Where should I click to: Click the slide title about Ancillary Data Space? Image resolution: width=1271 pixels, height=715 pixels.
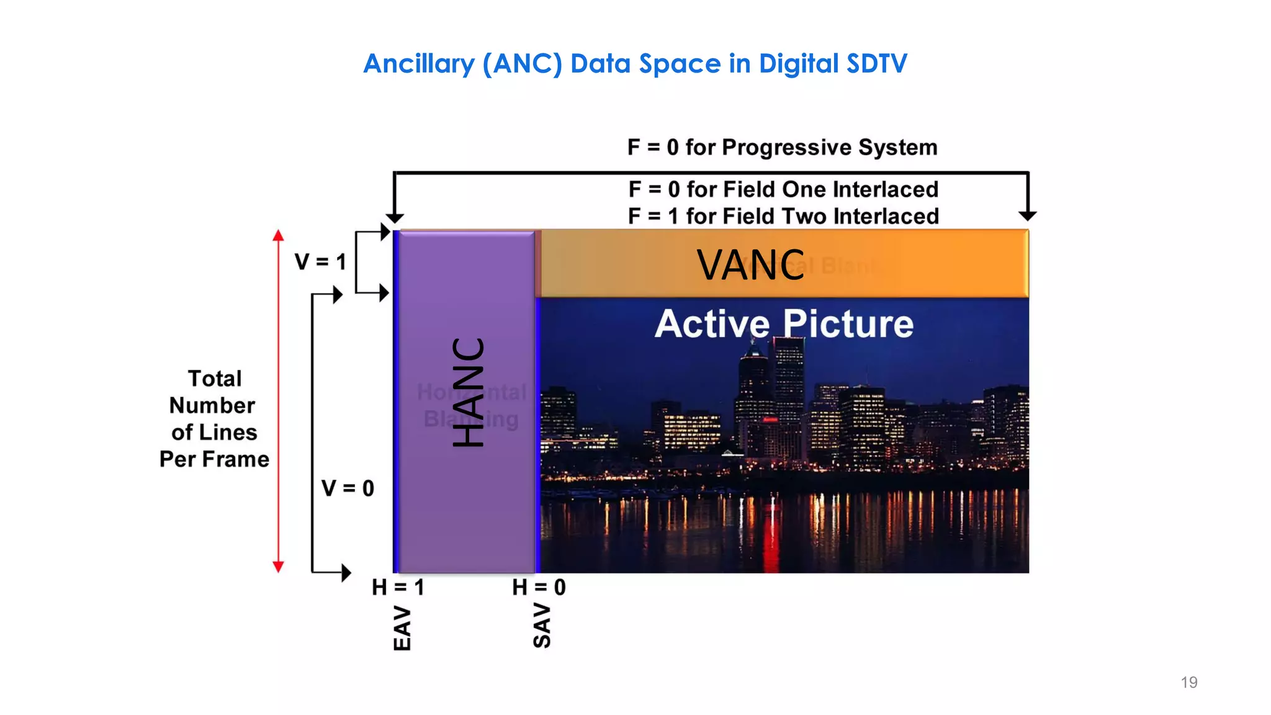[x=635, y=64]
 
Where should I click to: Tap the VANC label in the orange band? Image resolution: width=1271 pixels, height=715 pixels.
[x=750, y=265]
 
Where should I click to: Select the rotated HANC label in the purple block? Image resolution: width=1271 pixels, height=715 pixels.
[x=468, y=392]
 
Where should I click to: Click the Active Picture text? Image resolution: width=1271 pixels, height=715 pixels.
[x=784, y=324]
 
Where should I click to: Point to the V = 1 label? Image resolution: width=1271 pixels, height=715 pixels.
[x=320, y=262]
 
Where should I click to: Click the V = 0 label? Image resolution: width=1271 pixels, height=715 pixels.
[x=348, y=488]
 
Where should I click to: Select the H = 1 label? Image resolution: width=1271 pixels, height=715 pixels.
[x=398, y=587]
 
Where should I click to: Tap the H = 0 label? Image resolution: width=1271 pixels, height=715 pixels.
[x=539, y=587]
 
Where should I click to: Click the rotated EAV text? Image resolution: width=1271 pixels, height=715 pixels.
[x=402, y=629]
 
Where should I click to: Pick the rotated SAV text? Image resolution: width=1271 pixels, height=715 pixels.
[x=542, y=626]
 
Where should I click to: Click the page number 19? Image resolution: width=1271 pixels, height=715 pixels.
[x=1188, y=683]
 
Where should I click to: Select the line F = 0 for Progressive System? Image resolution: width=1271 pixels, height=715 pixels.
[x=782, y=148]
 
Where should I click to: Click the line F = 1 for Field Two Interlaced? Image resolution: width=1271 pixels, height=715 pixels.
[x=783, y=217]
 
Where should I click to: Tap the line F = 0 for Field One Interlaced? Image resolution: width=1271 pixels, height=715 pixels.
[x=783, y=189]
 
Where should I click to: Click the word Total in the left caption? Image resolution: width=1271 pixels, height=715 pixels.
[x=215, y=379]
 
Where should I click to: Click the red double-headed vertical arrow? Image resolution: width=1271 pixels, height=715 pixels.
[x=279, y=401]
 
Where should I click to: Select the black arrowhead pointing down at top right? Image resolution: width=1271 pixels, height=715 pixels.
[x=1028, y=215]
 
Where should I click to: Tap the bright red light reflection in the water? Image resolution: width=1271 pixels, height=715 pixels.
[x=771, y=546]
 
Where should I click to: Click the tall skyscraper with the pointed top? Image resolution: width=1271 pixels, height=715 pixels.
[x=753, y=385]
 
